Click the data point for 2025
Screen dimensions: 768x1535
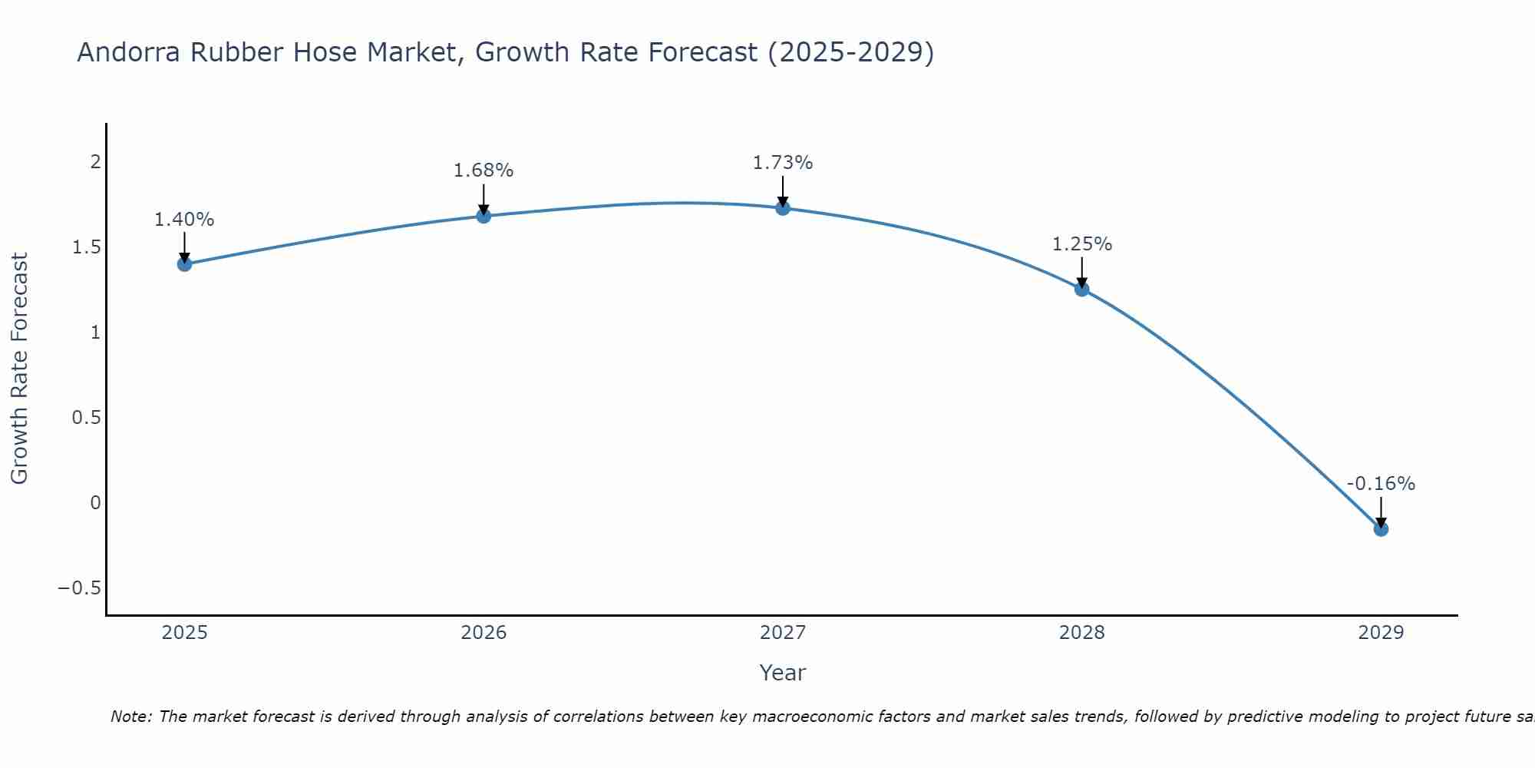pos(184,264)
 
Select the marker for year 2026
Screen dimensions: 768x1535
pos(484,216)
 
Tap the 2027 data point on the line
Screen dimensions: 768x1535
pos(783,207)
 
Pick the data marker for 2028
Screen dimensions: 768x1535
pos(1082,289)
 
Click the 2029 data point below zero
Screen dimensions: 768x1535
pos(1381,529)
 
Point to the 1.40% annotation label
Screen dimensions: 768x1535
pos(184,220)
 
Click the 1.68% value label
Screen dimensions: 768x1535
pos(484,170)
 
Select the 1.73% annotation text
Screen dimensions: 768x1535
pos(783,163)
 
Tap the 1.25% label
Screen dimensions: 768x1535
pos(1082,244)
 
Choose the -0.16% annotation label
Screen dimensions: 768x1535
pos(1381,484)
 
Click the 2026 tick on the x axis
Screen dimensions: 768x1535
pos(484,633)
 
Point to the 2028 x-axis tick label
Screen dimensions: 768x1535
pos(1082,633)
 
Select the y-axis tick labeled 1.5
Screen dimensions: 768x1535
pos(87,247)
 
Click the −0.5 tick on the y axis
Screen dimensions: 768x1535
pos(79,588)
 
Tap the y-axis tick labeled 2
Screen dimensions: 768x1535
pos(96,161)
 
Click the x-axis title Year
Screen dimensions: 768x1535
pos(782,673)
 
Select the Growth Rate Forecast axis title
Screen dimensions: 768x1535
pos(19,369)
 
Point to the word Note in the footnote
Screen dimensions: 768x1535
pos(131,717)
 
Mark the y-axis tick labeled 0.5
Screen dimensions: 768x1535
pos(87,418)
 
